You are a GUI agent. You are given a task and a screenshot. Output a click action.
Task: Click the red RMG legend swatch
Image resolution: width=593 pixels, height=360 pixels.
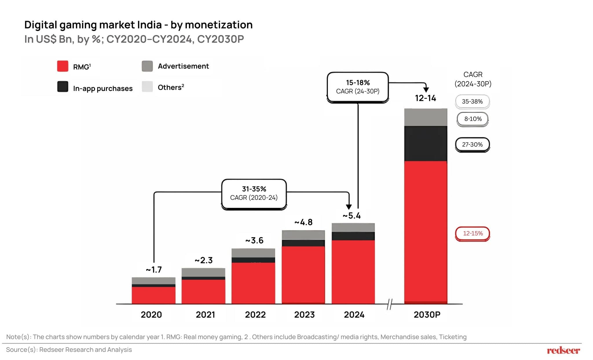(x=63, y=66)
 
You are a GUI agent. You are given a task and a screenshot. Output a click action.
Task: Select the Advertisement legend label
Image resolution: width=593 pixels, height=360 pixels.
(x=183, y=66)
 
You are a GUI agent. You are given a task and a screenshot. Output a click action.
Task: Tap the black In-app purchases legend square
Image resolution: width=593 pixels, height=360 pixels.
(x=63, y=87)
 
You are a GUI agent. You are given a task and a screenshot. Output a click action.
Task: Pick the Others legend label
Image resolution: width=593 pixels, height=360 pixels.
(x=171, y=87)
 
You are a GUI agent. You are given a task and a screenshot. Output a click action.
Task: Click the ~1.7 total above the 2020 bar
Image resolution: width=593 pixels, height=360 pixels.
(x=154, y=270)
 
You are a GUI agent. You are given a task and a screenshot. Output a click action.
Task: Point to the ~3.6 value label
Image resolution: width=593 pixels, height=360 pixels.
(x=254, y=240)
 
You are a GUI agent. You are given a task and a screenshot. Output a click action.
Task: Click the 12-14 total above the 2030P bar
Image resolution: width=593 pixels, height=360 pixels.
(x=425, y=98)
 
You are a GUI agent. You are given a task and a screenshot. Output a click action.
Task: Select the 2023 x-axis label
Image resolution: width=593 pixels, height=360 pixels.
(x=304, y=315)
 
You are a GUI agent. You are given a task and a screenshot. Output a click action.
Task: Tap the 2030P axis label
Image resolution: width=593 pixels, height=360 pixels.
(x=427, y=315)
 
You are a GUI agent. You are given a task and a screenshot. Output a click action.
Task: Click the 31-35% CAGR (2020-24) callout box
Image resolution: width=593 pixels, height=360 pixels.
(x=254, y=193)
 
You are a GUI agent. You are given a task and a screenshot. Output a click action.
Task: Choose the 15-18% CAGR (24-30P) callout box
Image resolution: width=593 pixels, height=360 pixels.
(x=358, y=87)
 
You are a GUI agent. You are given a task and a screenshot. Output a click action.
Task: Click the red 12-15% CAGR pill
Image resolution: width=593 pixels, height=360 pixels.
(x=473, y=233)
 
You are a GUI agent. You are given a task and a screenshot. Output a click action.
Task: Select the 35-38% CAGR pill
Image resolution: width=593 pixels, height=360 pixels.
(x=472, y=102)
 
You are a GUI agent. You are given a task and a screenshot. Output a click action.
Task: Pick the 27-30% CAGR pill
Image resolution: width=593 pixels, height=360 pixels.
(x=472, y=145)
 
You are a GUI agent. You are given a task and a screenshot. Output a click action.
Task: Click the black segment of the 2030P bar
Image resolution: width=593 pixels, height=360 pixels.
(x=426, y=143)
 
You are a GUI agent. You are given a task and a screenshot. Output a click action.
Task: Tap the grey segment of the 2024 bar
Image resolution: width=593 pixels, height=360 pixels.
(x=353, y=227)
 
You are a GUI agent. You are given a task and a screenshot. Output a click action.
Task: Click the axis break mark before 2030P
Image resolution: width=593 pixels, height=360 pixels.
(x=390, y=304)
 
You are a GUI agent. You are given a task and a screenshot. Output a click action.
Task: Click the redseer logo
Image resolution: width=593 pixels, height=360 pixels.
(x=563, y=350)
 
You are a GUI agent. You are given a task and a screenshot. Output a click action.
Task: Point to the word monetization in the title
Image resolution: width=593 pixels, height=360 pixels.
(x=219, y=25)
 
